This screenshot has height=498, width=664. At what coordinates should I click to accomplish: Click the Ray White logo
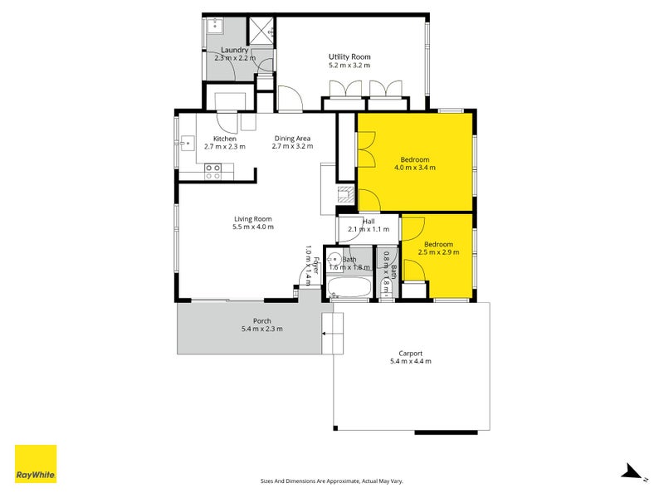[36, 463]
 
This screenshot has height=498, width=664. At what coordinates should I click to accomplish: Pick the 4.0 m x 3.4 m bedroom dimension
[414, 168]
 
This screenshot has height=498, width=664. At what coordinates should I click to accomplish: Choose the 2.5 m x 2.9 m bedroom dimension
[438, 252]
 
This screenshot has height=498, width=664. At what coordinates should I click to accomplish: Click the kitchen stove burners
[212, 172]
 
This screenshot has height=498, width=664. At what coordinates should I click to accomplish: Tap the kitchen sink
[187, 143]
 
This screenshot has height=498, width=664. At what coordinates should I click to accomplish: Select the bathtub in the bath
[349, 288]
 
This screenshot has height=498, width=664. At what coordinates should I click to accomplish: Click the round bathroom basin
[334, 258]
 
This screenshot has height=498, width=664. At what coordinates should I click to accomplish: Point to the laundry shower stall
[261, 30]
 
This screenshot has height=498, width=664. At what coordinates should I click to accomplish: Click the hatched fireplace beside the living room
[345, 194]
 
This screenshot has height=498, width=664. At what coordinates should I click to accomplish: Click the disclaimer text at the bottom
[331, 481]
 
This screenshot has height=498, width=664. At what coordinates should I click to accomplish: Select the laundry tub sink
[215, 25]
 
